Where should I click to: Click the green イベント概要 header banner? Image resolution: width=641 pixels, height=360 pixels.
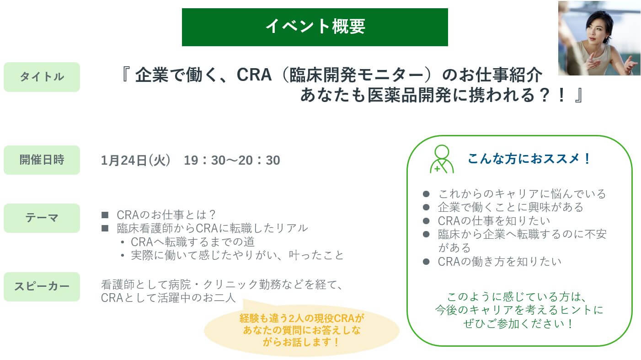tap(315, 27)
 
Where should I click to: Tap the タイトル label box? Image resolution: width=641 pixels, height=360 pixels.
tap(42, 77)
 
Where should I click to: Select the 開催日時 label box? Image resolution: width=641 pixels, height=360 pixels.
tap(42, 160)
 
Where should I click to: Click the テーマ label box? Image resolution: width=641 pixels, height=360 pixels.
tap(42, 218)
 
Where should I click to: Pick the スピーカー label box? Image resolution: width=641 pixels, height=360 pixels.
tap(42, 286)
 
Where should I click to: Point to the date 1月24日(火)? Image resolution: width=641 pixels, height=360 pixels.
tap(136, 161)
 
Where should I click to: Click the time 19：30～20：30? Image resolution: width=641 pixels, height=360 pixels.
tap(232, 161)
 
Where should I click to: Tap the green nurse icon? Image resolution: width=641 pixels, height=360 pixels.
tap(442, 159)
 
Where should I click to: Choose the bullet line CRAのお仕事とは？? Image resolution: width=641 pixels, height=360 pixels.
tap(166, 215)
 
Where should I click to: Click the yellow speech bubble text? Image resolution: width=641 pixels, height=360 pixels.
tap(302, 330)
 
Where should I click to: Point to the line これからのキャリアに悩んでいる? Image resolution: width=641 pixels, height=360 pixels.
tap(522, 194)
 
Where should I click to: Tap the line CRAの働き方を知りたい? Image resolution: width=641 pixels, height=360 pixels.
tap(499, 262)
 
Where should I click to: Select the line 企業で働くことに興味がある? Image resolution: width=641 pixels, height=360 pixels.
tap(510, 207)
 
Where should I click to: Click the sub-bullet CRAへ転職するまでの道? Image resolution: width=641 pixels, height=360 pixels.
tap(192, 242)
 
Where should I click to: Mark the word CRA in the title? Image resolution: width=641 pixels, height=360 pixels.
tap(254, 75)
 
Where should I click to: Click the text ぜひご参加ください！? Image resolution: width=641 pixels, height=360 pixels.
tap(518, 323)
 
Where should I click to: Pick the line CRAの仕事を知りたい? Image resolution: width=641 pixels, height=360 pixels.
tap(494, 220)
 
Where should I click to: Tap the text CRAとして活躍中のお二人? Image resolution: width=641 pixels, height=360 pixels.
tap(168, 298)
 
